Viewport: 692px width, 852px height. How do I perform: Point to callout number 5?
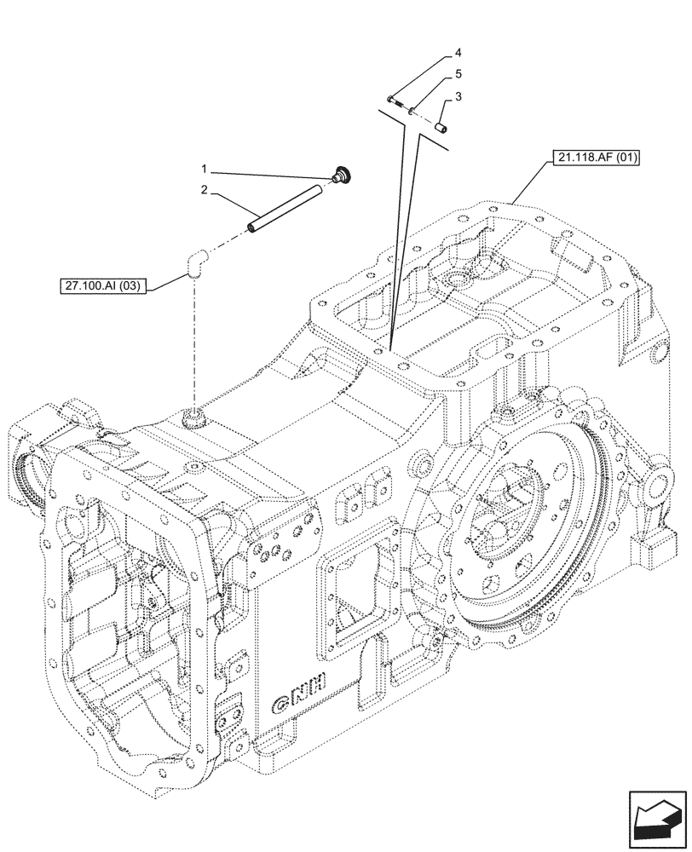click(458, 75)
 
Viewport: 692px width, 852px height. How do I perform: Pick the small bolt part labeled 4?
click(394, 101)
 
